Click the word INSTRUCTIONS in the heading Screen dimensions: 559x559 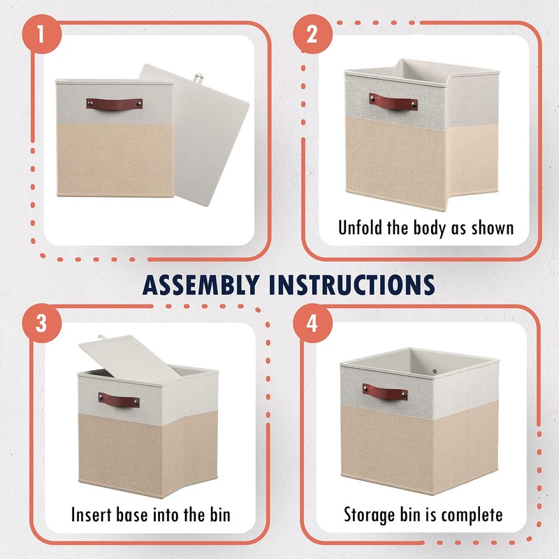(x=352, y=284)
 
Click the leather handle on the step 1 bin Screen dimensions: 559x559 (x=115, y=103)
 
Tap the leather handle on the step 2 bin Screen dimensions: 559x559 (x=393, y=101)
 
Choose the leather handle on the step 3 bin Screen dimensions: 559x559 (x=118, y=400)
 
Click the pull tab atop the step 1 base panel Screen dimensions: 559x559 (x=203, y=71)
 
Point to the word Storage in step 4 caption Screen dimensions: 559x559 (x=370, y=516)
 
